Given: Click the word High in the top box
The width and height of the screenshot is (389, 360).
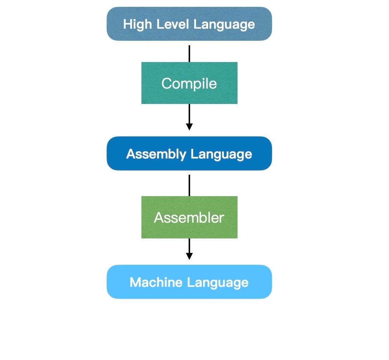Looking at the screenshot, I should (137, 24).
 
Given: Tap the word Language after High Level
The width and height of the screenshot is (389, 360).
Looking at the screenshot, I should (224, 24).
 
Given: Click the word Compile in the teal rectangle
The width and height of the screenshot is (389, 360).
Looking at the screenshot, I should (189, 84).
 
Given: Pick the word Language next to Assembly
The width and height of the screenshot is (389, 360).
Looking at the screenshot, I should (221, 154).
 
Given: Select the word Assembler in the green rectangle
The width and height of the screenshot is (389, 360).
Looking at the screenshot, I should (189, 218).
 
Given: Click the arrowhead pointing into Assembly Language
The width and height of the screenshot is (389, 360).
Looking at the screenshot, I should (189, 127).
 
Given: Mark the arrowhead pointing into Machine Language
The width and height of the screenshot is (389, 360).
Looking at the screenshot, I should (189, 256).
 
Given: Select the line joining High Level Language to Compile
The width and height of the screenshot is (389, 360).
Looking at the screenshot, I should (189, 53).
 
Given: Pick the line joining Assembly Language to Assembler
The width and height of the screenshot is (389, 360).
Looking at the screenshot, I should (189, 185).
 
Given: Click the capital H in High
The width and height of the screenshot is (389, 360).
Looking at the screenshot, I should (127, 24).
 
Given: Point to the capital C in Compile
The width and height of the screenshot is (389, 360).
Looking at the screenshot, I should (166, 84).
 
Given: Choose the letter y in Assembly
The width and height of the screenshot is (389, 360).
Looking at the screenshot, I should (183, 155).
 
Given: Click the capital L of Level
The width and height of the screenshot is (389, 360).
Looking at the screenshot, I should (158, 24).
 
